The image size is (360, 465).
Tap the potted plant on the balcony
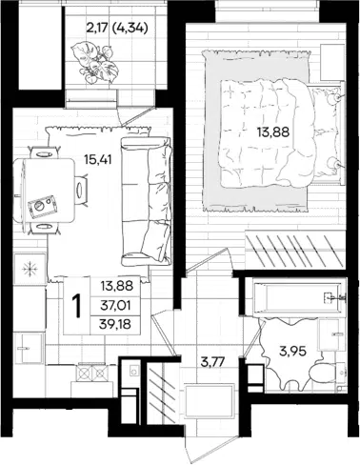[95, 63]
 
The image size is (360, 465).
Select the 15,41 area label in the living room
[98, 159]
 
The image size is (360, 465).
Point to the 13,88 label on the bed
[273, 132]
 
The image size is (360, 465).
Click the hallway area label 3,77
[216, 361]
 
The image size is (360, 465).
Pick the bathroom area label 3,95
[293, 352]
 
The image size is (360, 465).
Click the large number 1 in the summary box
[76, 306]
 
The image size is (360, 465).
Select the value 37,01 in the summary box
[116, 306]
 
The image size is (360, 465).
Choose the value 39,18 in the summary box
[116, 325]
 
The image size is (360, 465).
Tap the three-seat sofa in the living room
[147, 202]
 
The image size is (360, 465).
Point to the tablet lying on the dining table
[42, 206]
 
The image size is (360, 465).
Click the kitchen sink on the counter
[29, 348]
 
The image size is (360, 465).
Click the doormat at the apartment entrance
[210, 400]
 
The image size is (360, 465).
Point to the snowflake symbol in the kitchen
[30, 270]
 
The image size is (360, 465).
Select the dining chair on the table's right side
[81, 191]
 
